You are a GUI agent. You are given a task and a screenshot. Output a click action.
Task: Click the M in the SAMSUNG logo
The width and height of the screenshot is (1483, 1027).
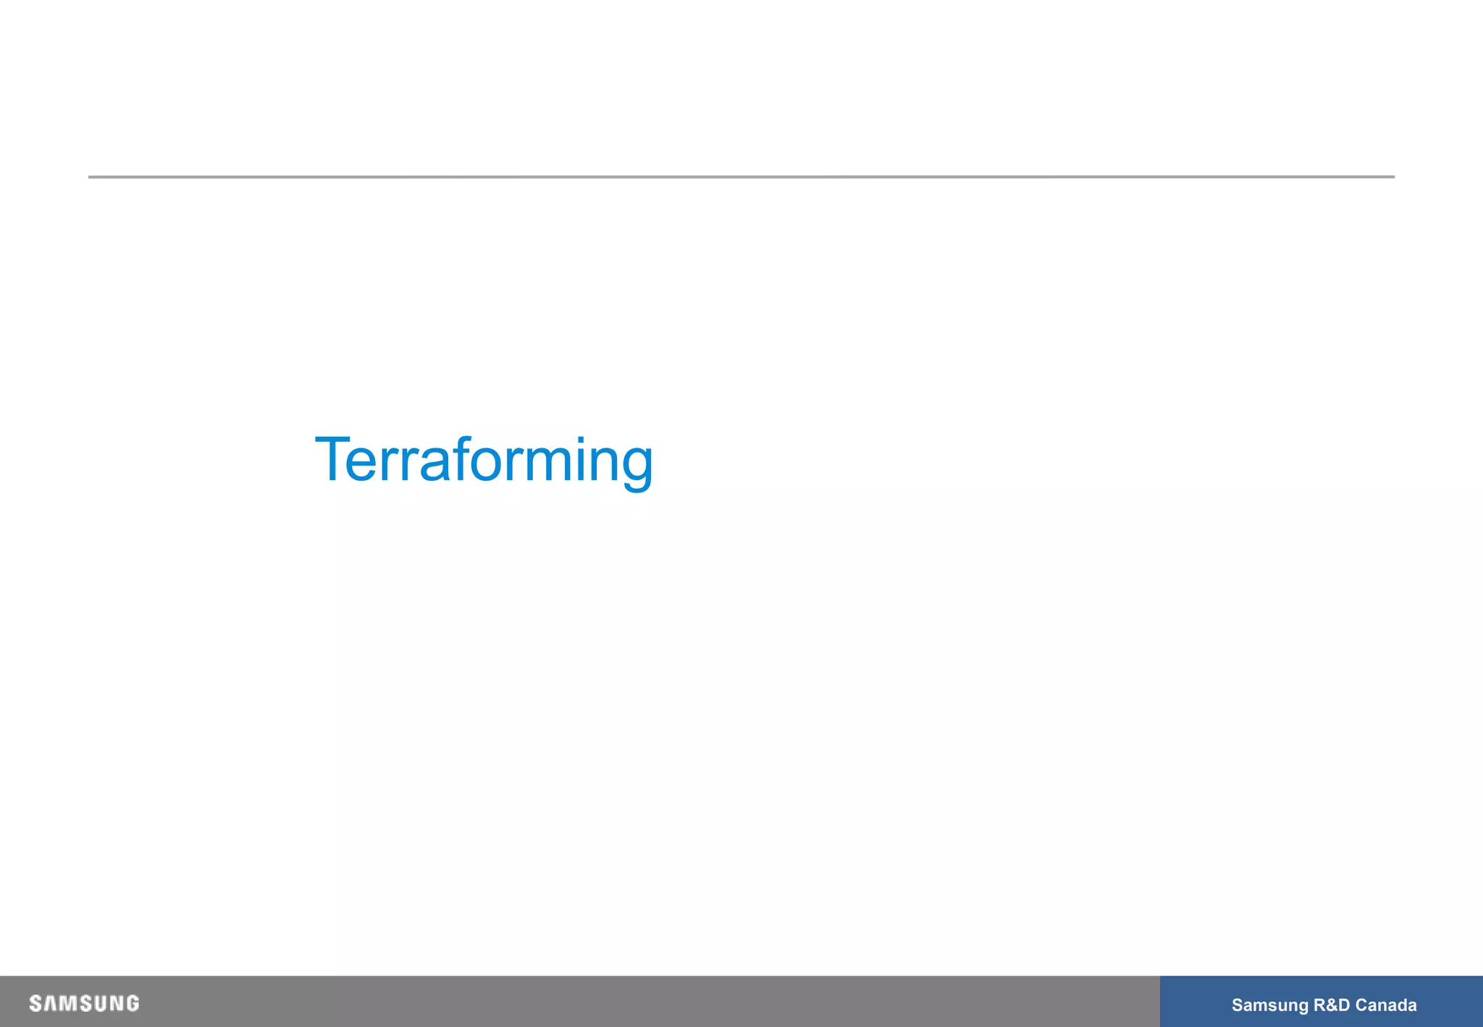pyautogui.click(x=65, y=1004)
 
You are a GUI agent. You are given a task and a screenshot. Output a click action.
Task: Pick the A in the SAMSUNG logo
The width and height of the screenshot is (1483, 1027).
pyautogui.click(x=49, y=1004)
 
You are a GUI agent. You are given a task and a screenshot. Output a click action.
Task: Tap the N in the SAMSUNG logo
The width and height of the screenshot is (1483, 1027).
pyautogui.click(x=116, y=1004)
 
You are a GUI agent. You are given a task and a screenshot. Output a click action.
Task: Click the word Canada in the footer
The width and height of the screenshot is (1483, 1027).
pyautogui.click(x=1386, y=1005)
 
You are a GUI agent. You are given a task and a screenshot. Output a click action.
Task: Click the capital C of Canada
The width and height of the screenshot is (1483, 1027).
pyautogui.click(x=1361, y=1005)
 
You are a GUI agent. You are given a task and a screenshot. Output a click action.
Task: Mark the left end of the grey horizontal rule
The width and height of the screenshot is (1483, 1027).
pyautogui.click(x=90, y=177)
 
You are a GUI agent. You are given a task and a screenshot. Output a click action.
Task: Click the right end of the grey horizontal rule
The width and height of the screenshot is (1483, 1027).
pyautogui.click(x=1393, y=177)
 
